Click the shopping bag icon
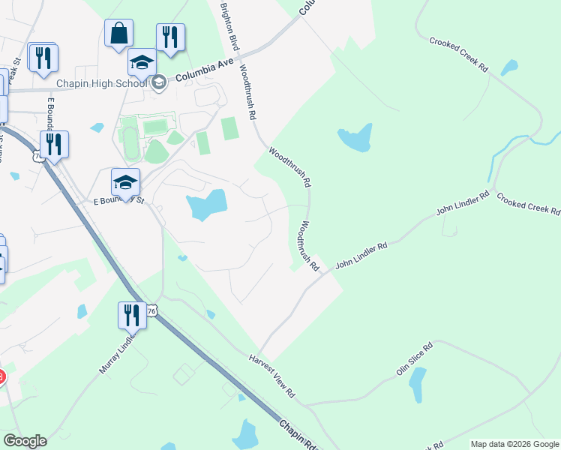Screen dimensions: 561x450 point(119,34)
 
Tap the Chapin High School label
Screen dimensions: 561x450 point(100,82)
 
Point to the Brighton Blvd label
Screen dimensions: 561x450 point(229,26)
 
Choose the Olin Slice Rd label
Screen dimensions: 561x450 point(415,361)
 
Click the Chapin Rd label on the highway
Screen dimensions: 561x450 point(298,433)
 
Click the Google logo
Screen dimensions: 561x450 point(25,441)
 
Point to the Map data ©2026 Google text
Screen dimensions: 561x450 point(514,444)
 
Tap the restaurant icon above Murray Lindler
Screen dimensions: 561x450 point(132,315)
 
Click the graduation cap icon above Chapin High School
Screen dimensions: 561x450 point(142,62)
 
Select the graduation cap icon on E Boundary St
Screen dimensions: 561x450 point(125,181)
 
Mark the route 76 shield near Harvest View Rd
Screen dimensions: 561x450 point(152,310)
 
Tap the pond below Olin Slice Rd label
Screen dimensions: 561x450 point(418,385)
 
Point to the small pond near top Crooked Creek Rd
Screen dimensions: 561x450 point(509,67)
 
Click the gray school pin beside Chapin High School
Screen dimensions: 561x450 point(158,82)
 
